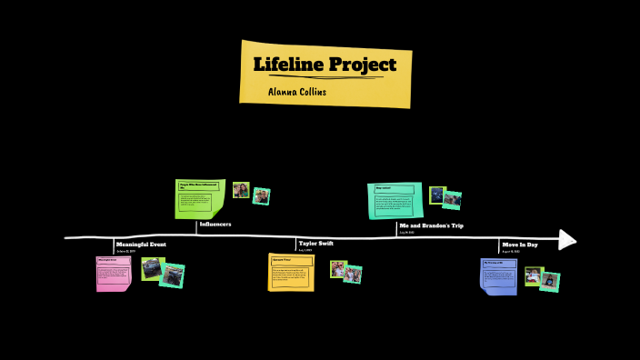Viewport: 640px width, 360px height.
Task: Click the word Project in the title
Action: point(360,65)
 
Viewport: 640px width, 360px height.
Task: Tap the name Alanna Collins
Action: point(297,92)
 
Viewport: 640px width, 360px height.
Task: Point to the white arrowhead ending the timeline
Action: point(567,239)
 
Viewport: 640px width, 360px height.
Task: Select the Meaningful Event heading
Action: point(141,245)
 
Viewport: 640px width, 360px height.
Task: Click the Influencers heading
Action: point(215,224)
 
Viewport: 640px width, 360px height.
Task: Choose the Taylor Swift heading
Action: point(316,244)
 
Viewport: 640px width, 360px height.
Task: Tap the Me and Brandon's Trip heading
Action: point(432,225)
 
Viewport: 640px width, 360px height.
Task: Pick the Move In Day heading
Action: point(520,245)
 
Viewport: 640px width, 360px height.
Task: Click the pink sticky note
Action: point(114,274)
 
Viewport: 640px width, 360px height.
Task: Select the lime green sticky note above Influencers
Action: point(199,199)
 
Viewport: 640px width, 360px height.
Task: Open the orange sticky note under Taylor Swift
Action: point(291,272)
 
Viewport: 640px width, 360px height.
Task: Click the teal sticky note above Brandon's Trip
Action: point(395,200)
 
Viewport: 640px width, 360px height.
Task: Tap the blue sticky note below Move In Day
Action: point(498,275)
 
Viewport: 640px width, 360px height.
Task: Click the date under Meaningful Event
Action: point(125,252)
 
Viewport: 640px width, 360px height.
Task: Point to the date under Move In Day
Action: point(511,252)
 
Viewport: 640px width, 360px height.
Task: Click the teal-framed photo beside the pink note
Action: point(172,275)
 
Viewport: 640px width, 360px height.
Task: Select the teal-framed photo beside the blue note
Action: point(549,281)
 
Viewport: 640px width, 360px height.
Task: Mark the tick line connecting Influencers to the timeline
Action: point(196,229)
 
